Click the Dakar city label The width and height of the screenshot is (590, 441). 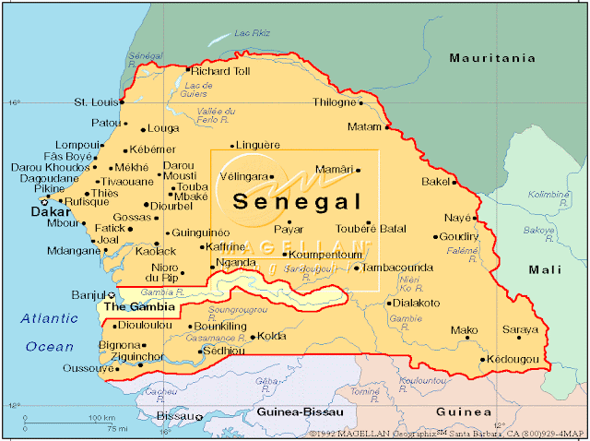(x=51, y=212)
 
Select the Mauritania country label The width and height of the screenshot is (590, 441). (x=491, y=58)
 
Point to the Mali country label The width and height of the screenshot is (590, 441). (x=544, y=269)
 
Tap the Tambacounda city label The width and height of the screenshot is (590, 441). (x=397, y=268)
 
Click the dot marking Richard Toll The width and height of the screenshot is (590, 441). (x=187, y=70)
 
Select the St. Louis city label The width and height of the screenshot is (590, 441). (x=95, y=102)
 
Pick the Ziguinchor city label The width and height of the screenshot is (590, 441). (x=136, y=356)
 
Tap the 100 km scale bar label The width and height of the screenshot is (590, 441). (x=101, y=418)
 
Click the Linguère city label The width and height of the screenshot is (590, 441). (x=258, y=145)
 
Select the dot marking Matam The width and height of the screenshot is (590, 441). (x=385, y=126)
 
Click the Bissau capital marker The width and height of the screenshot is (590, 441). (x=199, y=418)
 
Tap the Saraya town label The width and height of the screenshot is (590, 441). (x=519, y=329)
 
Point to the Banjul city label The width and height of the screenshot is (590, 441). (x=89, y=295)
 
